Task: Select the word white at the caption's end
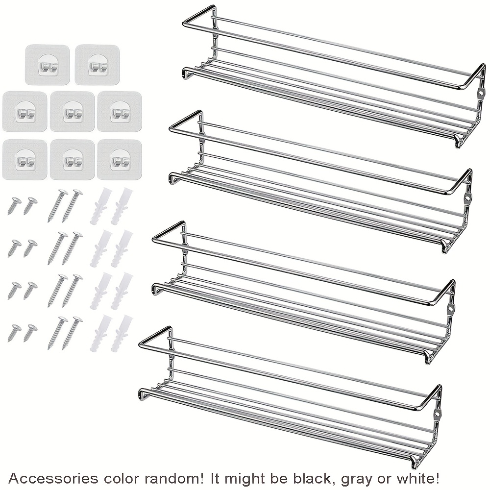point(419,478)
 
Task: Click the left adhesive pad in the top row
point(47,65)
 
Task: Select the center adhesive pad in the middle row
point(72,111)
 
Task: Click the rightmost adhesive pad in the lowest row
point(120,160)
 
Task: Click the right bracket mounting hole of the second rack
point(467,198)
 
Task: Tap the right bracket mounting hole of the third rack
point(450,308)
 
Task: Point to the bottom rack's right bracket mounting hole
point(437,414)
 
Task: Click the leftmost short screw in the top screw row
point(14,206)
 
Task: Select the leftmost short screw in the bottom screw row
point(14,333)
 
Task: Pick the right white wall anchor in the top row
point(122,206)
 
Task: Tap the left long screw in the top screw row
point(58,205)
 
